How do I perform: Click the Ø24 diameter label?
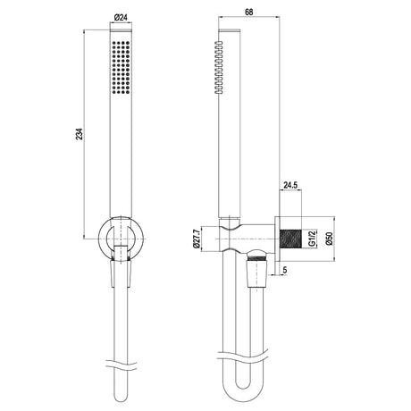[x=121, y=18]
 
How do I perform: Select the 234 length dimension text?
[x=79, y=134]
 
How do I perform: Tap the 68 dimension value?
[x=249, y=12]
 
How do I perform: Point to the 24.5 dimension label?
[x=290, y=185]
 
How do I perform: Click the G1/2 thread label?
[x=312, y=239]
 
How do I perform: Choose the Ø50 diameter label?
[x=329, y=239]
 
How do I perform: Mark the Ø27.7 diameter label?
[x=196, y=239]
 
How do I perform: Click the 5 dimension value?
[x=285, y=270]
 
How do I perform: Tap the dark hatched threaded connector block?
[x=290, y=239]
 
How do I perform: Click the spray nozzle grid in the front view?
[x=121, y=68]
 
